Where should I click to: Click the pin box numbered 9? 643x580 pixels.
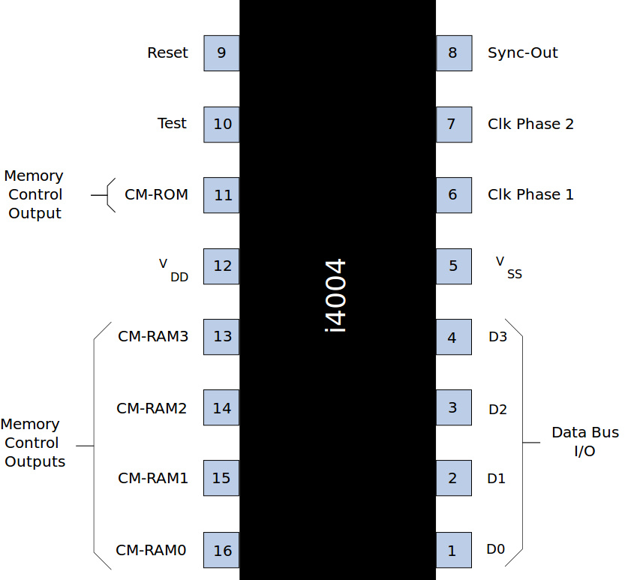221,53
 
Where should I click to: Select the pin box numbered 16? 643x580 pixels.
221,550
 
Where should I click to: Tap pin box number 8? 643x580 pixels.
454,53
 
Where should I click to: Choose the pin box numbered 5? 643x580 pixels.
454,266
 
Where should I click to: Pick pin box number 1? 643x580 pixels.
454,550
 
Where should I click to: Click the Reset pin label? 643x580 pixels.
167,53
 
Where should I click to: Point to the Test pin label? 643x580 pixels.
172,123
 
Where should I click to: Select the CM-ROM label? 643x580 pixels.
156,195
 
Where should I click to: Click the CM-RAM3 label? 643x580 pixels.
152,336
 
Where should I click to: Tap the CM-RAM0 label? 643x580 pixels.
151,550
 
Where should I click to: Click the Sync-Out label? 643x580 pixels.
522,53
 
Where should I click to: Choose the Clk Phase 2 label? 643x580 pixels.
530,124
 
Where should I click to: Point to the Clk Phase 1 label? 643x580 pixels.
530,194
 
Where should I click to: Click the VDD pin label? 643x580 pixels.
173,269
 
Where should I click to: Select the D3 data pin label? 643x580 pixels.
497,337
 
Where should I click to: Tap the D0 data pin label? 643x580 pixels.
495,549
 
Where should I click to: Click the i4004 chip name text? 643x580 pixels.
336,296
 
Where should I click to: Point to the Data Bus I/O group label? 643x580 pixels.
584,442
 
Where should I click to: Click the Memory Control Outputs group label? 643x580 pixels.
34,443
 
